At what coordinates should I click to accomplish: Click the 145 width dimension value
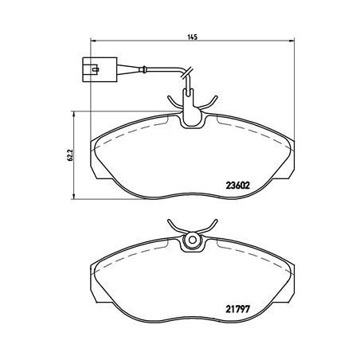coord(193,37)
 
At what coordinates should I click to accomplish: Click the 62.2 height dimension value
coord(70,155)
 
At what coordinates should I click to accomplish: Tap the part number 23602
coord(237,186)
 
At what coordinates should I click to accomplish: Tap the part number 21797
coord(237,309)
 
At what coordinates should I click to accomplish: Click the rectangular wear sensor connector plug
coord(100,69)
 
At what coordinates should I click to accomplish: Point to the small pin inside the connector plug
coord(95,70)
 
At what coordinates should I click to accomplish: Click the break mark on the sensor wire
coord(187,72)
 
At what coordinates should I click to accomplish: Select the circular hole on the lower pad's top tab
coord(193,240)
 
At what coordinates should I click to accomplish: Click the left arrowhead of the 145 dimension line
coord(93,41)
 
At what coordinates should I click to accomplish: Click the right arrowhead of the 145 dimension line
coord(292,41)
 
